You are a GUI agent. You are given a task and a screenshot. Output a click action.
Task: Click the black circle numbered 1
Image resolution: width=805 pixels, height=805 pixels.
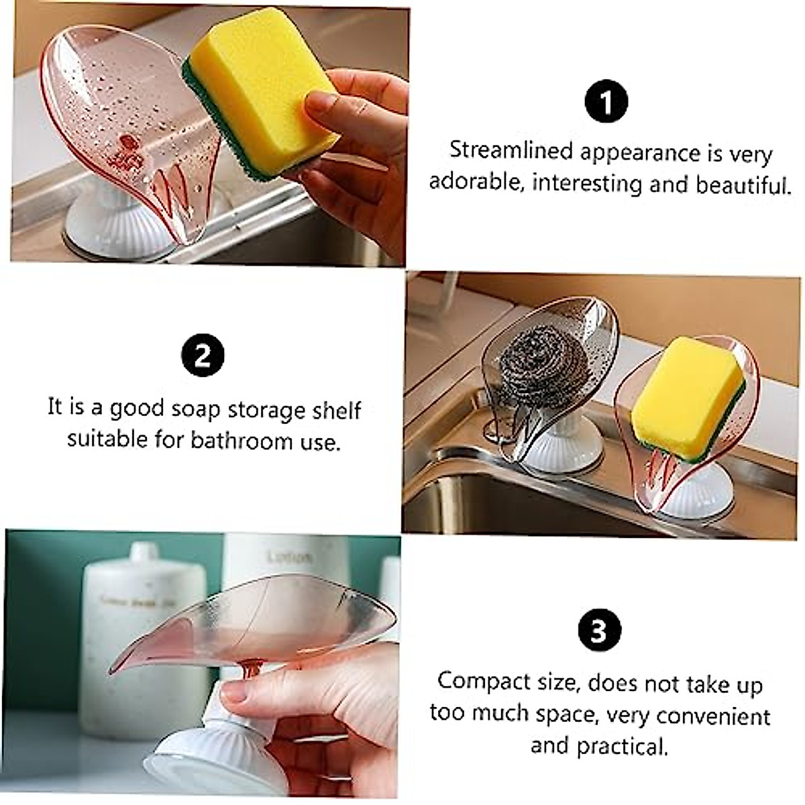[x=606, y=103]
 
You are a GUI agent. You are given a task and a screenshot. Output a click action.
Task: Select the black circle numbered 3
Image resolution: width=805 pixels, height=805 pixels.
[x=598, y=631]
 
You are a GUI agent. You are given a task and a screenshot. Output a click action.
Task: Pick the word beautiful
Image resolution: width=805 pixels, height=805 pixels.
[x=743, y=184]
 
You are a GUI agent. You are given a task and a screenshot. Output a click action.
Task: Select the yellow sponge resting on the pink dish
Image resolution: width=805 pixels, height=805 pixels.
[x=687, y=396]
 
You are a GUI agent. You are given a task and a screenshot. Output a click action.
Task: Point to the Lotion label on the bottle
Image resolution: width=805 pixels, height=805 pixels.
[x=290, y=557]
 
